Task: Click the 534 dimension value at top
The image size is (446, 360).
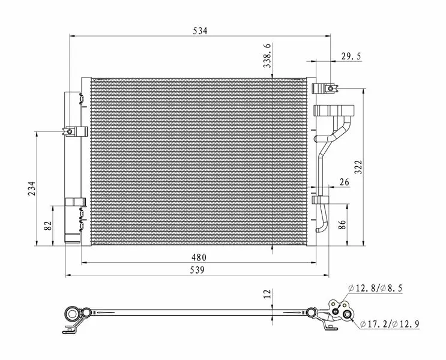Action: point(200,31)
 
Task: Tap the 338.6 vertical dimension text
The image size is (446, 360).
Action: point(267,56)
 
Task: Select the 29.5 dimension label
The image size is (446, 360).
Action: point(351,56)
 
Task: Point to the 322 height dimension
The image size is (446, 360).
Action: point(359,167)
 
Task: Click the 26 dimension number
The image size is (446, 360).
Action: point(345,182)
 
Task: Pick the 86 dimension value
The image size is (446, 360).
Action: point(342,224)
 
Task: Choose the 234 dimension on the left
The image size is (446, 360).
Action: point(32,188)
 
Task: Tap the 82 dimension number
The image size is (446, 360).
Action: point(49,226)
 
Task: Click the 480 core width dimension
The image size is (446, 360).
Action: point(199,257)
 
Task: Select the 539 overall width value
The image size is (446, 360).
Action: point(197,269)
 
